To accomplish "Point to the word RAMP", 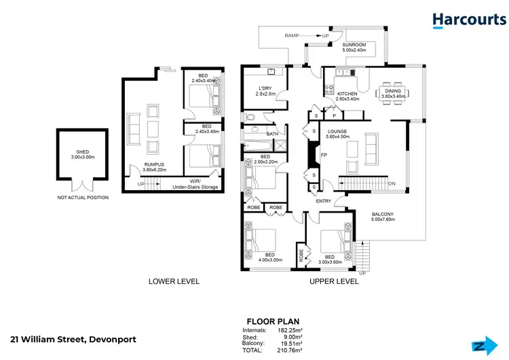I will tap(292, 35).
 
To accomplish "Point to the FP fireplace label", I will tap(324, 155).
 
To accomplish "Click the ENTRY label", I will tap(323, 201).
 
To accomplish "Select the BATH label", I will tap(272, 134).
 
